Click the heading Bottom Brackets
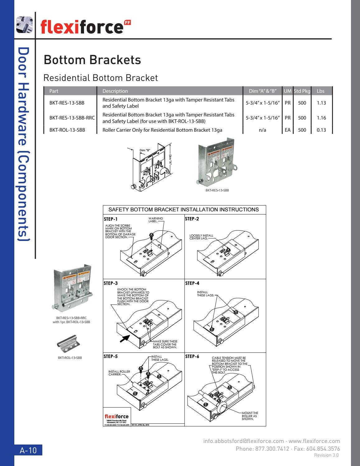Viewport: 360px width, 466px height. click(x=92, y=60)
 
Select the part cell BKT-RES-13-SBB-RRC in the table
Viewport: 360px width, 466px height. click(x=72, y=118)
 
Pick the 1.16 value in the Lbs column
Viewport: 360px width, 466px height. click(x=321, y=118)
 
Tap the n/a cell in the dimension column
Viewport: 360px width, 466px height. click(x=262, y=130)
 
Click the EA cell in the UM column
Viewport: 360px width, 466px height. click(x=288, y=130)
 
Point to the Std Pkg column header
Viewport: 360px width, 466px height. click(x=302, y=91)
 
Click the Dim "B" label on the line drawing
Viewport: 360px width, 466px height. click(x=145, y=150)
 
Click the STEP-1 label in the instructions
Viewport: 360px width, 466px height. click(x=110, y=219)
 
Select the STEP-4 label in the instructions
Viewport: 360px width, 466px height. click(x=192, y=283)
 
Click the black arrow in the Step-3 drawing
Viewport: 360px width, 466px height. click(x=125, y=338)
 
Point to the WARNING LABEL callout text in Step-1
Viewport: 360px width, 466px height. click(x=156, y=220)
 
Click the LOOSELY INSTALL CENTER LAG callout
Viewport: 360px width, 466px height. click(x=201, y=237)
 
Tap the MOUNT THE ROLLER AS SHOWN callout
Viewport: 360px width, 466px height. click(x=250, y=416)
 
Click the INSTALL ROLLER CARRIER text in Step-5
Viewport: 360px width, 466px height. click(x=119, y=373)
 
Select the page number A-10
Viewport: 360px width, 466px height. click(x=28, y=450)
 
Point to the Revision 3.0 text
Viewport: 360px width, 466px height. click(x=326, y=455)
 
